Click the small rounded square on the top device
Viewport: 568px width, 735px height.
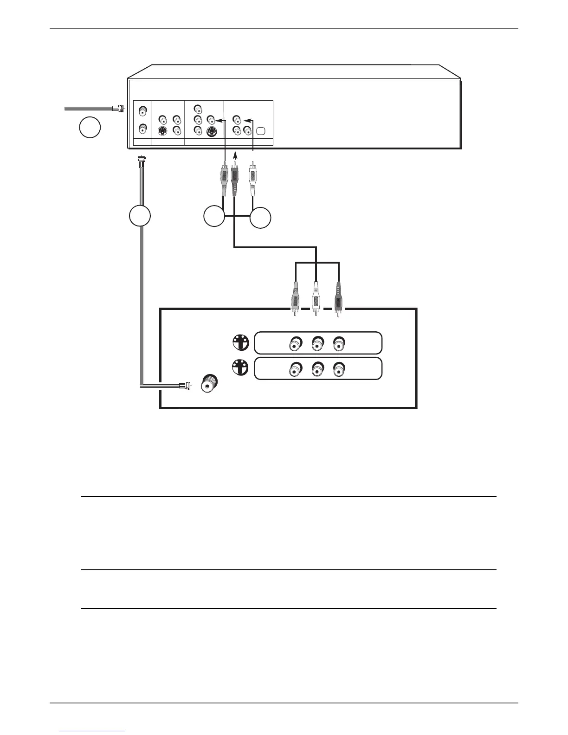[x=260, y=130]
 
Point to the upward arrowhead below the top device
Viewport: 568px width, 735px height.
[x=234, y=154]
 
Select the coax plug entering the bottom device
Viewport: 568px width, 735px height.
[x=183, y=385]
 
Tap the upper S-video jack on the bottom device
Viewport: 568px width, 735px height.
[x=240, y=343]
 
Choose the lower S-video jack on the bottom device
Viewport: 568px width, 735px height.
[x=240, y=368]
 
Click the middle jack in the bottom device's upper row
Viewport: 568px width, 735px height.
[x=317, y=344]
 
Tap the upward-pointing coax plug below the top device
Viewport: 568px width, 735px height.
[x=140, y=164]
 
